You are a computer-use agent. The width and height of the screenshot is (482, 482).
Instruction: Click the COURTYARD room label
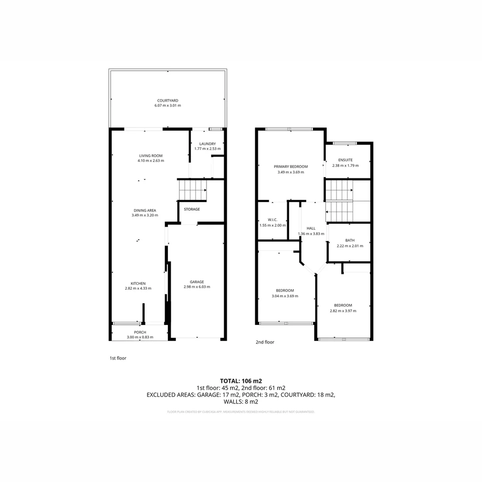(167, 100)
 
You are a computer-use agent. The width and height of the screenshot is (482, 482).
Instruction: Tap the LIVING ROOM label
(151, 155)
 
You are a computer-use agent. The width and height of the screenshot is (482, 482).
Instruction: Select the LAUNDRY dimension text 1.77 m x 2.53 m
(208, 149)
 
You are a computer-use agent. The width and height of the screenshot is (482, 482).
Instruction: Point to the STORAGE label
(192, 209)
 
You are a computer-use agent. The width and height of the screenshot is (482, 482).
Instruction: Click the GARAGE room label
(197, 282)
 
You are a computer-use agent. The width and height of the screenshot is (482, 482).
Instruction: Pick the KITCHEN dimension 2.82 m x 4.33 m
(138, 288)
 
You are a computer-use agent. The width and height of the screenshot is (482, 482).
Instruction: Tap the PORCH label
(140, 332)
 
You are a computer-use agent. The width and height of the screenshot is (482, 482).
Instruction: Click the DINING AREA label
(145, 210)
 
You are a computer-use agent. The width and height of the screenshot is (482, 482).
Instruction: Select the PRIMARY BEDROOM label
(291, 166)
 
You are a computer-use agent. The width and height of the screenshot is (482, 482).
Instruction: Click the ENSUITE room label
(345, 160)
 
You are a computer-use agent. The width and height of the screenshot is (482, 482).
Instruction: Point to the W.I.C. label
(272, 220)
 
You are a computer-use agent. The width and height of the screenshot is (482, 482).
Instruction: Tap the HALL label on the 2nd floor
(311, 228)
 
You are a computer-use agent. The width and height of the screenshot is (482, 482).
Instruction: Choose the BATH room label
(349, 240)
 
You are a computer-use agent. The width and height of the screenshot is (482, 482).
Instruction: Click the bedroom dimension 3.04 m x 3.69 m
(285, 296)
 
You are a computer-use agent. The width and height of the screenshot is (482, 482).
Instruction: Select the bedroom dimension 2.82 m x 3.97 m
(343, 311)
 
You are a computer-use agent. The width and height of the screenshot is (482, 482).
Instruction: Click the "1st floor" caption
(118, 358)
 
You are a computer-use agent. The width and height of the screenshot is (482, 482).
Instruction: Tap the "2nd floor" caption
(265, 342)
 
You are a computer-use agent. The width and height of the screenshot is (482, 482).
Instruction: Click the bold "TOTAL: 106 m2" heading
(241, 381)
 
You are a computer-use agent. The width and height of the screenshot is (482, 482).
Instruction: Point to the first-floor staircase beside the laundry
(192, 190)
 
